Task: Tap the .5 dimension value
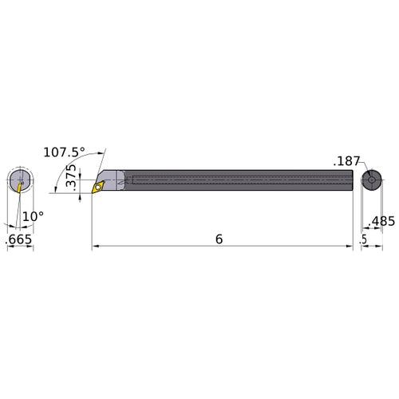(x=363, y=239)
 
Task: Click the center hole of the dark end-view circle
(x=371, y=180)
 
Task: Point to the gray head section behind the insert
(x=114, y=179)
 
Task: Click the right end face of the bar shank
(x=352, y=180)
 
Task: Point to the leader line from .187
(x=361, y=168)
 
